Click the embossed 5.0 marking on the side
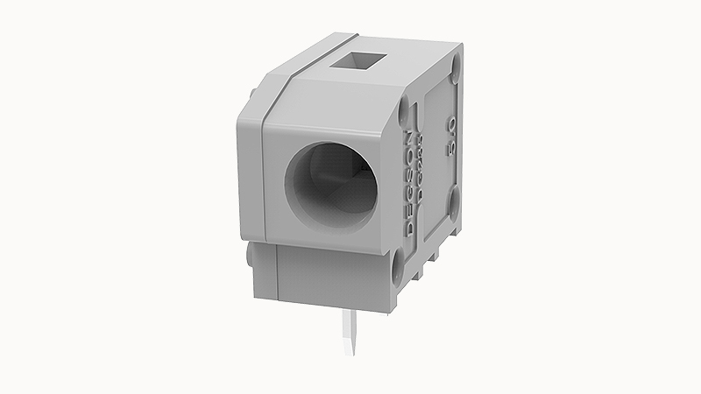[x=451, y=137]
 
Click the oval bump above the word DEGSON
[x=404, y=111]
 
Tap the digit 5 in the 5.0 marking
[x=451, y=149]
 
